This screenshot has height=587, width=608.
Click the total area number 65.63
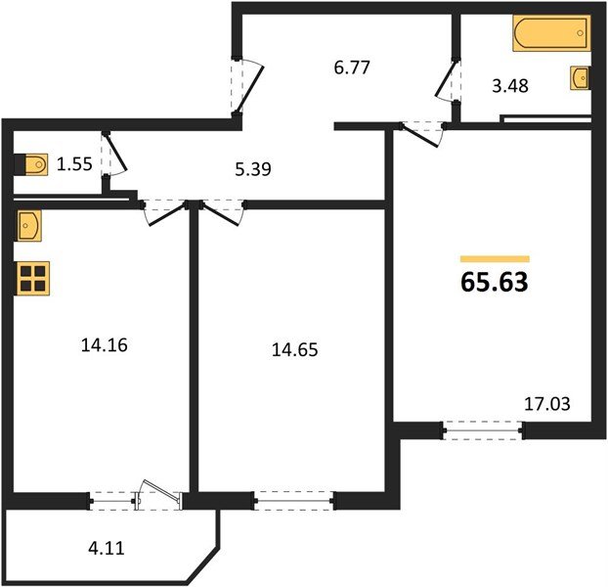click(x=494, y=283)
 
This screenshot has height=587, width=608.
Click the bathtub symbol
click(x=550, y=35)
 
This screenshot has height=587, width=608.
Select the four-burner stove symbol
click(x=32, y=278)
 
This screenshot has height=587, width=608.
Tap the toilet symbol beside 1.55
click(x=31, y=164)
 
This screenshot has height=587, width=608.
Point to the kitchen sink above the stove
click(x=27, y=226)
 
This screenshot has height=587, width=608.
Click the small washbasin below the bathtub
click(x=581, y=76)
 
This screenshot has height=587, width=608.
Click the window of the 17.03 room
click(x=482, y=428)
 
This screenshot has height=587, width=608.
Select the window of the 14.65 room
click(x=294, y=502)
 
